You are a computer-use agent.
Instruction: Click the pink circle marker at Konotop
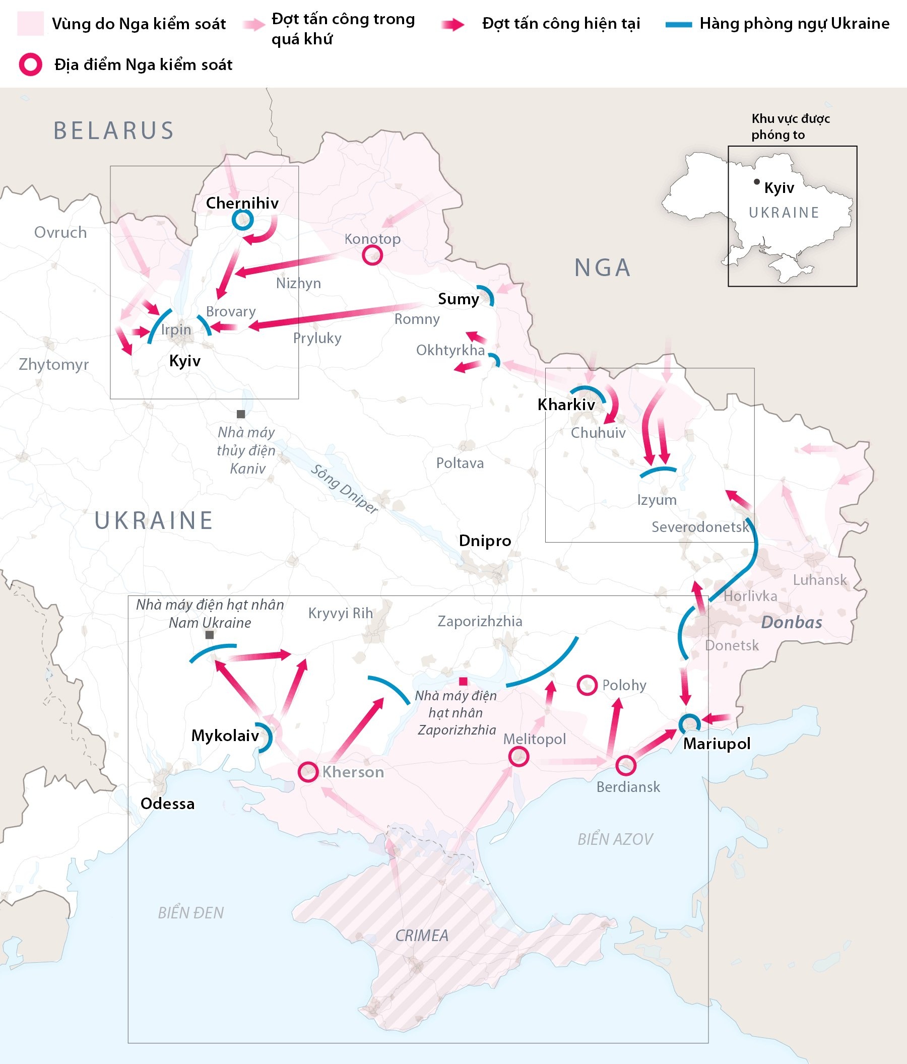[x=372, y=255]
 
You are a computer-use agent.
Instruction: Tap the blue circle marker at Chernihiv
[x=242, y=220]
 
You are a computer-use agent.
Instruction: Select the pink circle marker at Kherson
[x=308, y=772]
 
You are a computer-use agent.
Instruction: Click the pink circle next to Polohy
[x=587, y=685]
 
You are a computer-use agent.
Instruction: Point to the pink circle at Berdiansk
[x=625, y=766]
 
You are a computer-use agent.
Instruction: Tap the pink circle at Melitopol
[x=519, y=756]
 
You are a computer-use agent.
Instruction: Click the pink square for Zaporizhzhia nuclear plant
[x=463, y=682]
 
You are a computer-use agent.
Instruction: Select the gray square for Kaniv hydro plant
[x=240, y=414]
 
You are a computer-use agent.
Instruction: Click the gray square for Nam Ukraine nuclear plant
[x=210, y=635]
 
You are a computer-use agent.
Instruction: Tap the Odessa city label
[x=167, y=804]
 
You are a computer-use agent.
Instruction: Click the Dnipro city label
[x=485, y=541]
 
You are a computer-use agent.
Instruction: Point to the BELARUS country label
[x=114, y=130]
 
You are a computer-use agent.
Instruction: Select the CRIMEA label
[x=422, y=936]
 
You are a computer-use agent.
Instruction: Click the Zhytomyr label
[x=54, y=365]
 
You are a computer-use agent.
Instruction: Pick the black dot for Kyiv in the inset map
[x=756, y=182]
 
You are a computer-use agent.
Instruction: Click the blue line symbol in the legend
[x=678, y=24]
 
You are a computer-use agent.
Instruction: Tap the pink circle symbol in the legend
[x=31, y=64]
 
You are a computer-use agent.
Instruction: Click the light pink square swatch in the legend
[x=31, y=24]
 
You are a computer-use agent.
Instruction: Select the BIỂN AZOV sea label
[x=615, y=839]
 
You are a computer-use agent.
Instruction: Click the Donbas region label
[x=792, y=622]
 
